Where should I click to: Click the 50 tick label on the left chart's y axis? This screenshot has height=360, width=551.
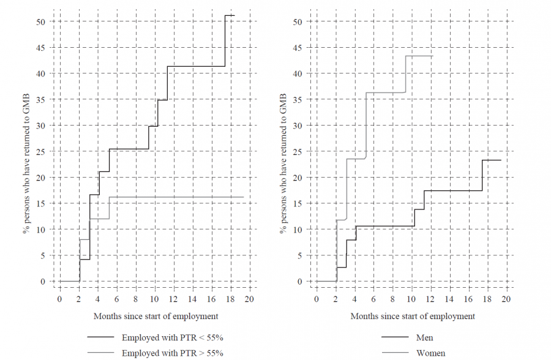click(40, 21)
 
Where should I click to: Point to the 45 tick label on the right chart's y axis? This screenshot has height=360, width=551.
click(298, 47)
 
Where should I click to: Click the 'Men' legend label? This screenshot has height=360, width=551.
click(424, 337)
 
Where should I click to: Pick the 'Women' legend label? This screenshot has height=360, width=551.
click(430, 353)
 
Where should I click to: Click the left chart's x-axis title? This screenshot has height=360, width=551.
click(156, 316)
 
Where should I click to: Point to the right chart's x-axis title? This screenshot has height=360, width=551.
click(413, 316)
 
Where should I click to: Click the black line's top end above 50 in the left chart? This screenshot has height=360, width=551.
click(234, 15)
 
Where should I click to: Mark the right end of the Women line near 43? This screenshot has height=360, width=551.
click(433, 56)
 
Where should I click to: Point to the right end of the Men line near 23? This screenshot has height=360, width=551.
click(501, 160)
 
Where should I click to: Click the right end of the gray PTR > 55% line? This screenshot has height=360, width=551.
click(244, 197)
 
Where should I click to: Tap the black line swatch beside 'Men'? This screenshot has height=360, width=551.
click(394, 337)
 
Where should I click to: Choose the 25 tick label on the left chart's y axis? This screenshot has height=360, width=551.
click(40, 151)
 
